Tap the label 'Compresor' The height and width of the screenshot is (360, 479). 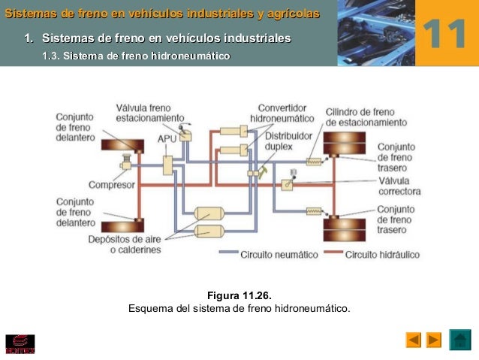111,185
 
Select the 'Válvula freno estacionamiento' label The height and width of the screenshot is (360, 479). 149,113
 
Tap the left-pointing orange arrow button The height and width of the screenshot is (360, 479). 414,340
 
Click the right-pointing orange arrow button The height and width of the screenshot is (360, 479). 434,340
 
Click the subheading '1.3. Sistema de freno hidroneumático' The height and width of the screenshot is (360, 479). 136,57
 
